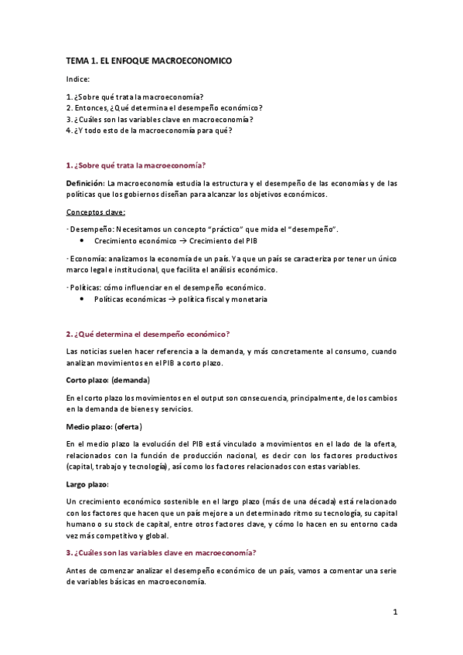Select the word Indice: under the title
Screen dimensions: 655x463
coord(78,80)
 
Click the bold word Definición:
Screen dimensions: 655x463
coord(85,182)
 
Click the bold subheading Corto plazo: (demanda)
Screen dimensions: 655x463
coord(107,380)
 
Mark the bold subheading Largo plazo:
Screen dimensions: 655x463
coord(88,484)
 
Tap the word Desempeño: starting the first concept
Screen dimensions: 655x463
coord(89,229)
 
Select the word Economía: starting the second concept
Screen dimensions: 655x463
coord(87,258)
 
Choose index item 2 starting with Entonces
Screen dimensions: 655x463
coord(164,107)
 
